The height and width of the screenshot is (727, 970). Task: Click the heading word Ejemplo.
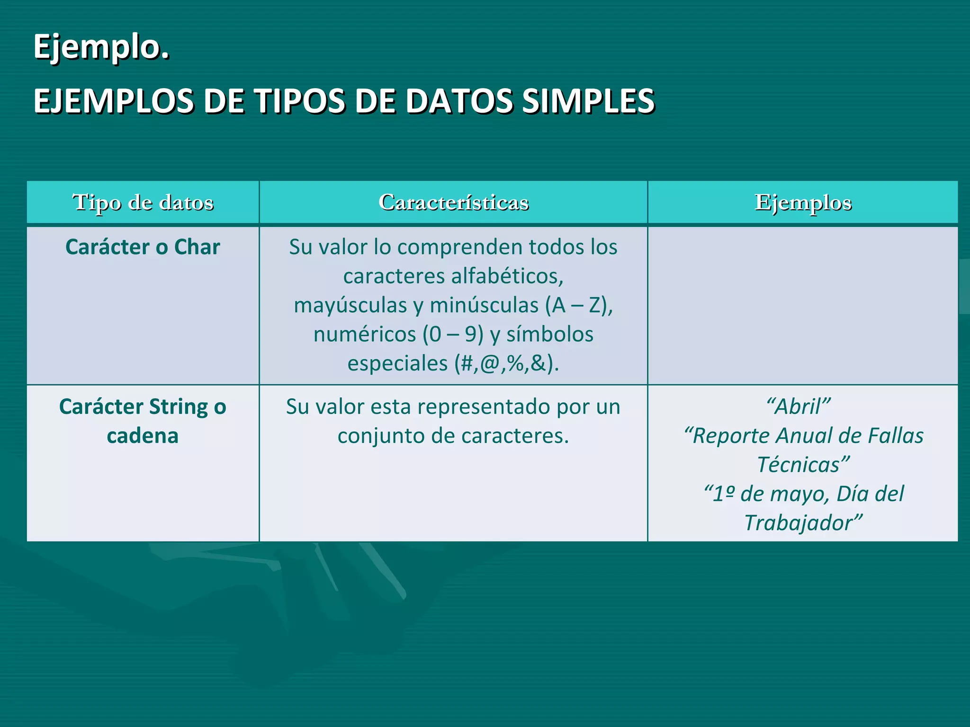point(101,47)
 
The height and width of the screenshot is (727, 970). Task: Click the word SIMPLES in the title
point(588,102)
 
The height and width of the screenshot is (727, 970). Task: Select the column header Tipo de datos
point(143,202)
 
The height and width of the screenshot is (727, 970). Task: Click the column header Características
point(453,202)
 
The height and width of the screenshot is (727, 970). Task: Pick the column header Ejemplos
point(803,202)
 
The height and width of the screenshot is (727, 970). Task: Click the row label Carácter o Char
point(143,247)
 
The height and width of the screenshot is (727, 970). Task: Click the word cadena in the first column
point(143,436)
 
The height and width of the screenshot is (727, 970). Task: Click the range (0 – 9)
point(453,335)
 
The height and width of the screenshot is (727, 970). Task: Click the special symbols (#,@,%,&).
point(506,363)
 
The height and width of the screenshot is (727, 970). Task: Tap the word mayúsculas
point(350,305)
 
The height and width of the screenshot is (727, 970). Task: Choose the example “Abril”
point(799,407)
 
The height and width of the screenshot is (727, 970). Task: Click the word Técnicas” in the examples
point(803,465)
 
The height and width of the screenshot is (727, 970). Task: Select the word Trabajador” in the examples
point(803,523)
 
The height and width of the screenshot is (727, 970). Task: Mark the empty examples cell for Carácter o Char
point(803,305)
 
